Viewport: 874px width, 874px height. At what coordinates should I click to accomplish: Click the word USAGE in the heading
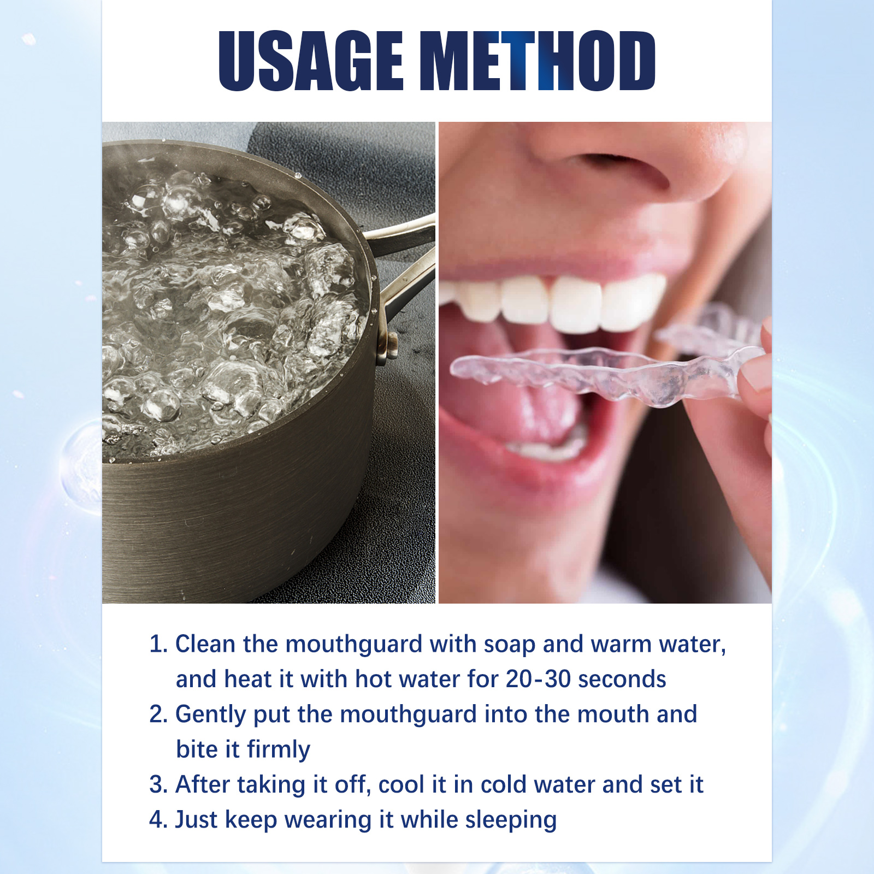point(311,60)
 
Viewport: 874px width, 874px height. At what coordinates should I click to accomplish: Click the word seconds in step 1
point(622,680)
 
